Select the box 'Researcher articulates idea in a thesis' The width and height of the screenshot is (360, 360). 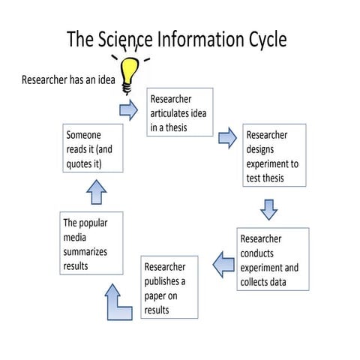coord(180,112)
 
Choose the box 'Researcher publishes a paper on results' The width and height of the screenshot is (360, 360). coord(169,287)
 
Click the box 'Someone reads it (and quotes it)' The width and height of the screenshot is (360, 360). coord(94,149)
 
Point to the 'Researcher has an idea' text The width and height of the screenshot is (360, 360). coord(68,78)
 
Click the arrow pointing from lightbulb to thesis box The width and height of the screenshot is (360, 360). coord(128,110)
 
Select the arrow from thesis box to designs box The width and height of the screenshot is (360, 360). coord(227,137)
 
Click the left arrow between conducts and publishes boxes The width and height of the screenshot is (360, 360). coord(223,262)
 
